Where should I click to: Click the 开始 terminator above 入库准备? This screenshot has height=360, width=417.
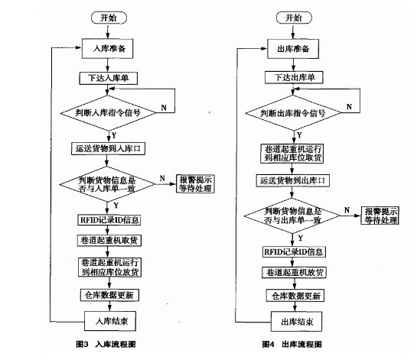coord(109,18)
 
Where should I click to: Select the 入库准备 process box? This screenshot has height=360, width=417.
coord(107,48)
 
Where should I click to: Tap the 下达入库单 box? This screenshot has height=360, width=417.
coord(108,78)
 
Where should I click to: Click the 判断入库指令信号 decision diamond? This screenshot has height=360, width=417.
coord(108,113)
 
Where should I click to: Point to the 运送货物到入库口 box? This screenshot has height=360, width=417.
coord(108,148)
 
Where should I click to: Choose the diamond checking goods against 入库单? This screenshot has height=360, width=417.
coord(107,184)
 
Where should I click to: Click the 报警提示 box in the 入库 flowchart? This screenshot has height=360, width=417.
coord(195,183)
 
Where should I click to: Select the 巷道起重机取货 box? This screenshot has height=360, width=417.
coord(109,241)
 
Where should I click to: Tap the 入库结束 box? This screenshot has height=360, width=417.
coord(110,321)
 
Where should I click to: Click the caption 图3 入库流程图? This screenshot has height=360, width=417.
coord(106,344)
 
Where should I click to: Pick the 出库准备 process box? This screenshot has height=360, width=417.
coord(293,49)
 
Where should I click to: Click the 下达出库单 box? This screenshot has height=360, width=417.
coord(294,77)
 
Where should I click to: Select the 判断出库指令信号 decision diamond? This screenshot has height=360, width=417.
coord(293,113)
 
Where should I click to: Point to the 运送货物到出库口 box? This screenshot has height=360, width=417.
coord(293,180)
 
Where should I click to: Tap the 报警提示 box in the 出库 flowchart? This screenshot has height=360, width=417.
coord(380,216)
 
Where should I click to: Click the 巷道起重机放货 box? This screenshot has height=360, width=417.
coord(294,273)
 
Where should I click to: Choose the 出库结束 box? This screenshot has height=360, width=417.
coord(297,322)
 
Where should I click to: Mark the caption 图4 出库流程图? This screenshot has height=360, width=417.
coord(292,344)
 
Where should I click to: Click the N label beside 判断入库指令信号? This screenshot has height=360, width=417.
coord(164,108)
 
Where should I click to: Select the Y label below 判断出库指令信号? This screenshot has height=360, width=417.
coord(300,135)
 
